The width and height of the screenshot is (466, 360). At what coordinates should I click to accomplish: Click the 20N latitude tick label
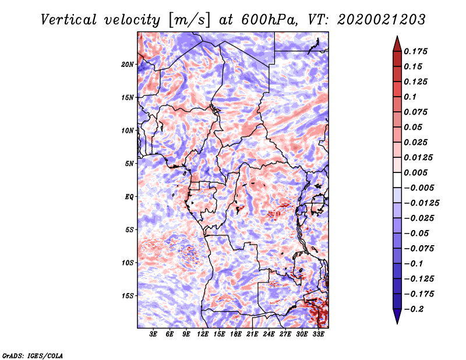click(128, 64)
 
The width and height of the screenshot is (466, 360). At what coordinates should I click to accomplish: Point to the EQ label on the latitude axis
click(129, 196)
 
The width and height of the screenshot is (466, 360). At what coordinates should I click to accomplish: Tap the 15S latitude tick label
click(128, 295)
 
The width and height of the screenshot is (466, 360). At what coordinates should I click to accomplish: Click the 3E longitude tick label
click(154, 334)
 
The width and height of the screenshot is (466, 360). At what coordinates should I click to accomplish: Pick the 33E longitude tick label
click(318, 334)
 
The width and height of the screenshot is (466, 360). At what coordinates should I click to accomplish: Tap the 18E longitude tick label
click(236, 334)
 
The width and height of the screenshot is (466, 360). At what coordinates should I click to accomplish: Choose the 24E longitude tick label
click(269, 334)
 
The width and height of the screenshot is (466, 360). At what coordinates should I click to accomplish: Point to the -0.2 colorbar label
click(414, 309)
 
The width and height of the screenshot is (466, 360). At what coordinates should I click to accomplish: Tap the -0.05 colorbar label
click(416, 234)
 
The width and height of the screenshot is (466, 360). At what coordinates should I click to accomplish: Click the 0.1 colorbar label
click(411, 97)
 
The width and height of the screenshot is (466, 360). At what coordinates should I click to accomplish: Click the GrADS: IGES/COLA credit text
click(33, 355)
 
